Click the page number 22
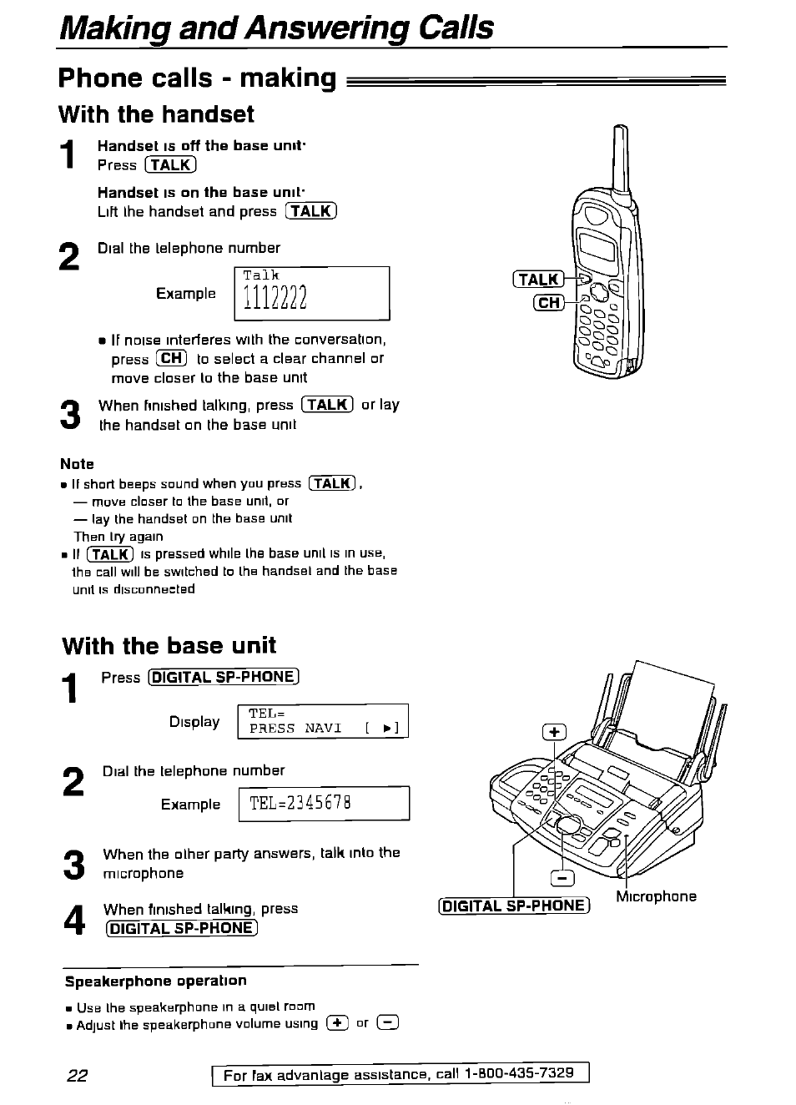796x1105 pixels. click(77, 1075)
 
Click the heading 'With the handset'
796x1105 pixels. click(156, 114)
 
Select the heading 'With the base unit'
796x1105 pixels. click(169, 646)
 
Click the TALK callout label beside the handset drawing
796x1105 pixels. click(539, 280)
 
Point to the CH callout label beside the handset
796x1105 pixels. click(548, 302)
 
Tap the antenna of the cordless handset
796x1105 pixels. click(620, 159)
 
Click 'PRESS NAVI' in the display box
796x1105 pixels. click(296, 729)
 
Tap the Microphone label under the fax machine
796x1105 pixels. click(656, 896)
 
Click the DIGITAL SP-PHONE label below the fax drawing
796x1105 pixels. click(514, 906)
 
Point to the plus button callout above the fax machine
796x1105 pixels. click(554, 733)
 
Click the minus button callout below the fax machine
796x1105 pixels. click(564, 878)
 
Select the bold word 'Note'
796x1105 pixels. click(77, 464)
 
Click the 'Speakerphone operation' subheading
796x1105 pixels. click(156, 981)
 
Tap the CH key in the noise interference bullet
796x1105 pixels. click(171, 359)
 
